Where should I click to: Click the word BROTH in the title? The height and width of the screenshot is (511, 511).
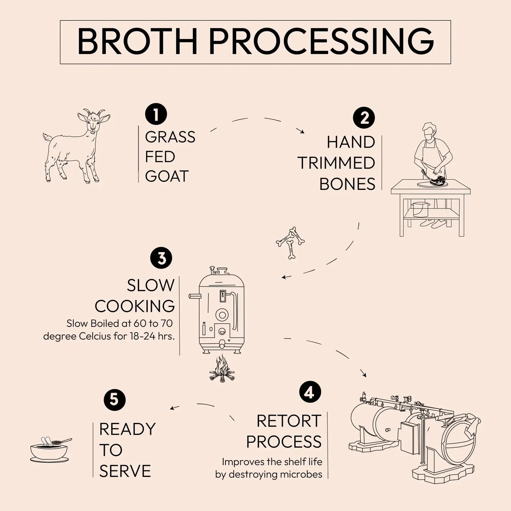pyautogui.click(x=137, y=41)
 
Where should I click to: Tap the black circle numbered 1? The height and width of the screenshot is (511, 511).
pyautogui.click(x=156, y=114)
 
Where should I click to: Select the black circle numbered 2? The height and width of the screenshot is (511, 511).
pyautogui.click(x=364, y=118)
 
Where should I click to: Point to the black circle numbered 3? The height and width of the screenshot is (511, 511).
pyautogui.click(x=161, y=258)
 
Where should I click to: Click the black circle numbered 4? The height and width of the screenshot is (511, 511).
pyautogui.click(x=310, y=391)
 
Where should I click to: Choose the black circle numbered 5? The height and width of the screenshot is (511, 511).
pyautogui.click(x=114, y=400)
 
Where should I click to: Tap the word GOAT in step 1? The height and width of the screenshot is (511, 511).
pyautogui.click(x=167, y=177)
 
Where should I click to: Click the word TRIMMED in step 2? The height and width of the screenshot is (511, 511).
pyautogui.click(x=336, y=163)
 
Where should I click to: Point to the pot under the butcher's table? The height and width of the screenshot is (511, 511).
pyautogui.click(x=420, y=209)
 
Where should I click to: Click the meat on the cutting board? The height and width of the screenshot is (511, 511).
pyautogui.click(x=438, y=181)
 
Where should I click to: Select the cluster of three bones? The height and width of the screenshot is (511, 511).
pyautogui.click(x=290, y=242)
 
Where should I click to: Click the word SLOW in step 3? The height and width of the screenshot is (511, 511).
pyautogui.click(x=150, y=285)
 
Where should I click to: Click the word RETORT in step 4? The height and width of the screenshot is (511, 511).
pyautogui.click(x=289, y=421)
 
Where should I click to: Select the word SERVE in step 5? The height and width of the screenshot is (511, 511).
pyautogui.click(x=125, y=471)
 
